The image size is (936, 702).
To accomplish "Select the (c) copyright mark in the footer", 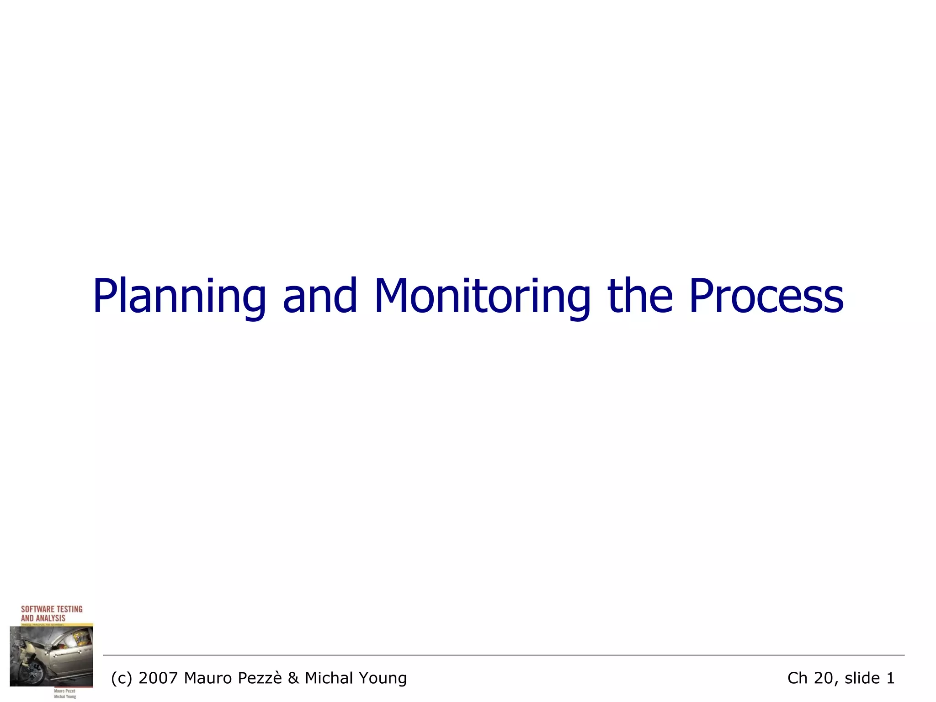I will coord(122,678).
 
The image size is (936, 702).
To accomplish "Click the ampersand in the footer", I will coord(293,678).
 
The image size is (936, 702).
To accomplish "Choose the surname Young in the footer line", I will coord(385,678).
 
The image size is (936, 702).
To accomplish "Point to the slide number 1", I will coord(890,678).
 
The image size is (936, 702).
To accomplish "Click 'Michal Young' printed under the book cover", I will coord(65,697).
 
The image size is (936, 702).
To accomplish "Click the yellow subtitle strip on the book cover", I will coord(51,624).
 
